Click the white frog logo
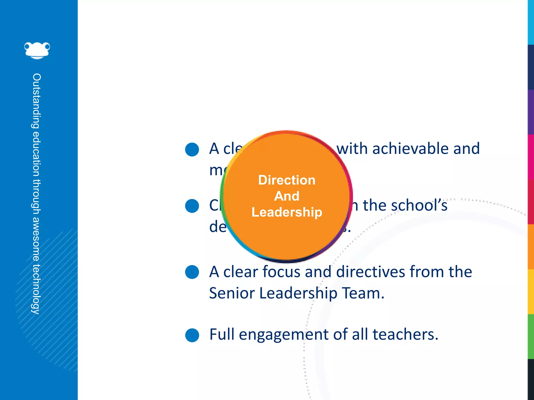pyautogui.click(x=37, y=50)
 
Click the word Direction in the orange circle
pyautogui.click(x=287, y=180)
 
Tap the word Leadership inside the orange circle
pyautogui.click(x=287, y=212)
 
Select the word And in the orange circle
pyautogui.click(x=287, y=196)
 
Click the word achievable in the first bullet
pyautogui.click(x=410, y=149)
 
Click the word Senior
pyautogui.click(x=232, y=293)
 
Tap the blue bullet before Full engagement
pyautogui.click(x=192, y=335)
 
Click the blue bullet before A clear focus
pyautogui.click(x=192, y=272)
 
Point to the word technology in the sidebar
pyautogui.click(x=36, y=289)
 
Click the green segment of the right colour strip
pyautogui.click(x=531, y=336)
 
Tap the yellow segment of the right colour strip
pyautogui.click(x=531, y=292)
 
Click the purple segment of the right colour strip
pyautogui.click(x=531, y=112)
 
